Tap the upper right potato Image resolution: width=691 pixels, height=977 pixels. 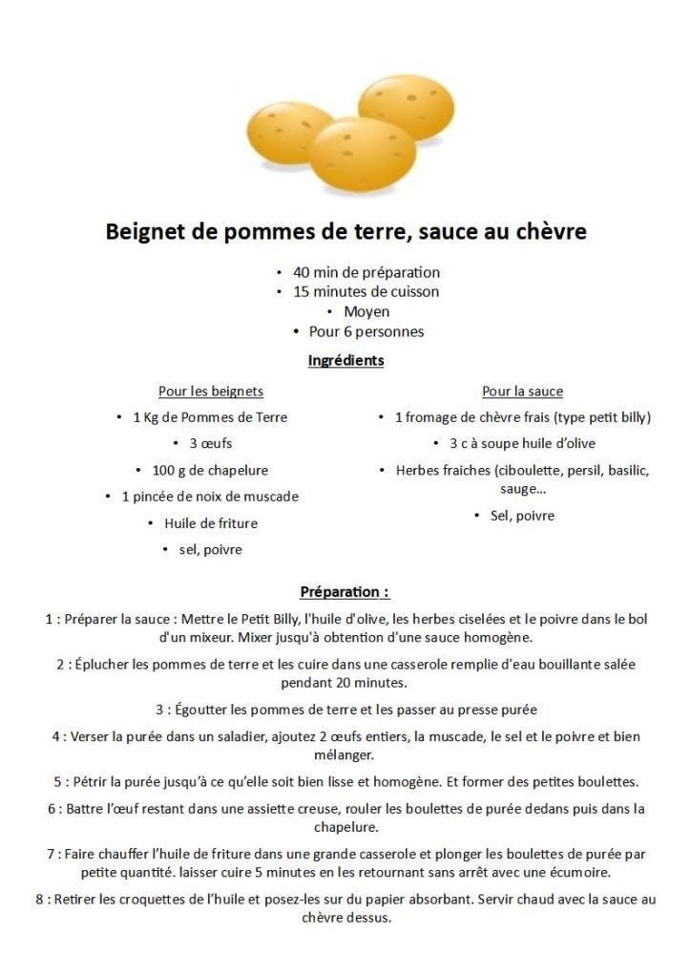coord(405,109)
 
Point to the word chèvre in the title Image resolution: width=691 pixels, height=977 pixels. coord(548,232)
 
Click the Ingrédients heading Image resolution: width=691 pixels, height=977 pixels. coord(345,361)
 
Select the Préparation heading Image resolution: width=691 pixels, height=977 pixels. coord(345,592)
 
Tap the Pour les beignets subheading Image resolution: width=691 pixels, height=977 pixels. coord(211,392)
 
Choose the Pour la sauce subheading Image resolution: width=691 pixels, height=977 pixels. coord(522,392)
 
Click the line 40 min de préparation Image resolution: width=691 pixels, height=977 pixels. coord(366,272)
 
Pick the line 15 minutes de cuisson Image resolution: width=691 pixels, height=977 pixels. coord(366,291)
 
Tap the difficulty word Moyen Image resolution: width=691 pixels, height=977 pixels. coord(366,311)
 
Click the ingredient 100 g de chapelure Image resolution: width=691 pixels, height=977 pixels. coord(210,470)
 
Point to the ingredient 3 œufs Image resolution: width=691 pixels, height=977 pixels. coord(210,443)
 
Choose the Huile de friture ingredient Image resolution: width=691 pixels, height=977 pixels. coord(210,523)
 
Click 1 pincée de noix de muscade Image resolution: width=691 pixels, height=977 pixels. coord(210,497)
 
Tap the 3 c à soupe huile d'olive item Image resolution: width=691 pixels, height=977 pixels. coord(522,443)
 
